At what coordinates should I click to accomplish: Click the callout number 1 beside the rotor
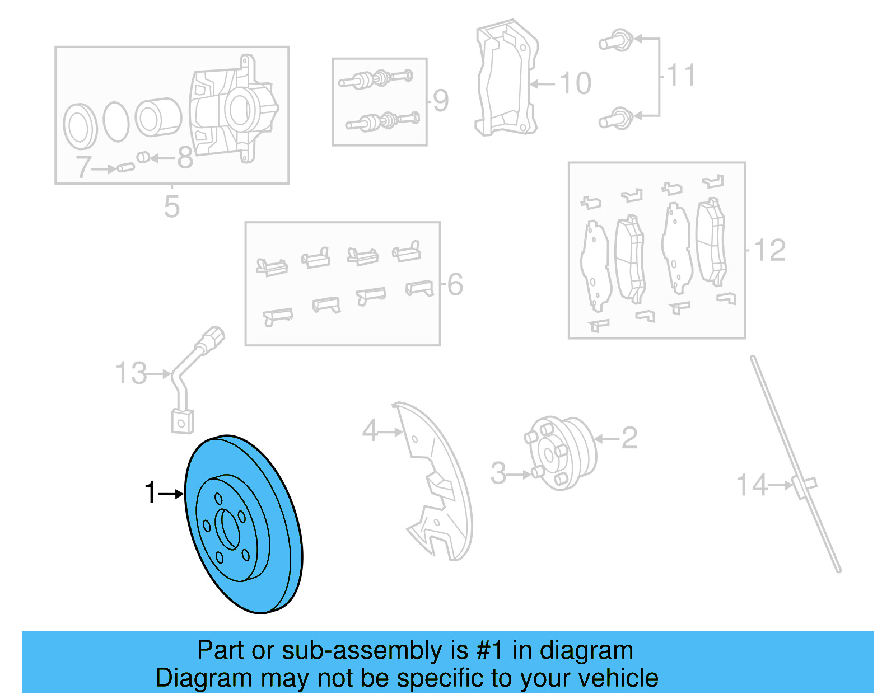point(150,493)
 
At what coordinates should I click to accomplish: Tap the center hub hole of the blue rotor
point(228,529)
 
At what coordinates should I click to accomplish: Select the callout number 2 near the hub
point(629,438)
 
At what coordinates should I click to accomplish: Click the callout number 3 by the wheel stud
point(498,473)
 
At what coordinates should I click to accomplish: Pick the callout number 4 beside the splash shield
point(370,431)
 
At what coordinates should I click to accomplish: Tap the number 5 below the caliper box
point(172,206)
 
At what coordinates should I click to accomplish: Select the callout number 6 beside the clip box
point(455,284)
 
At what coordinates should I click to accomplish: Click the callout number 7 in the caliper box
point(83,167)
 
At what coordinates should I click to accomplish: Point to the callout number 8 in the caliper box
point(185,158)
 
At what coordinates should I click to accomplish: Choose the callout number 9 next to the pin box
point(441,100)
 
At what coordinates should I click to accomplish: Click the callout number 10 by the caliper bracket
point(575,83)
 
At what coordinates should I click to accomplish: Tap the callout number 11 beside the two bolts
point(681,75)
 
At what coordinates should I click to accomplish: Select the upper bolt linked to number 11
point(616,41)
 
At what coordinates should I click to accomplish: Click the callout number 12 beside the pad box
point(770,250)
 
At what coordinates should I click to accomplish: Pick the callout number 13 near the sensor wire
point(130,373)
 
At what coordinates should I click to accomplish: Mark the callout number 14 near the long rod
point(752,485)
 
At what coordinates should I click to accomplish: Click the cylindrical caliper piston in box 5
point(158,117)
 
